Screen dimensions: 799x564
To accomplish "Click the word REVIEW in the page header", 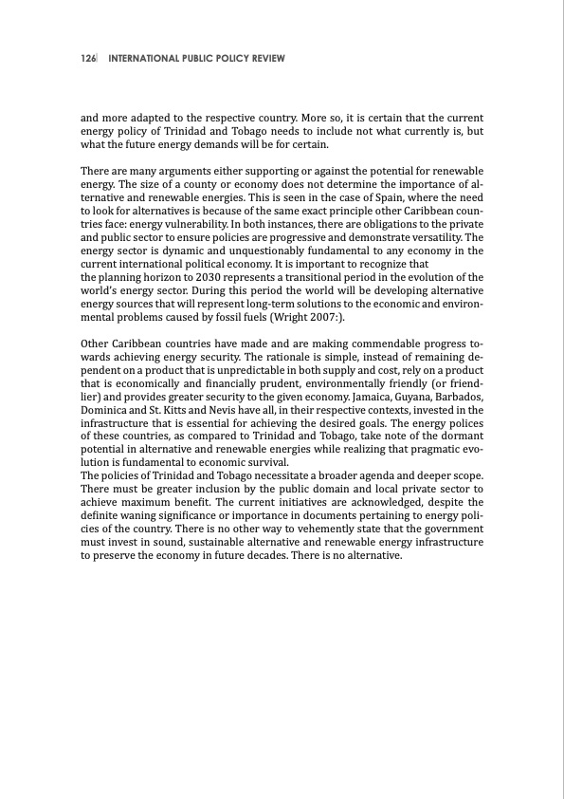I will coord(264,59).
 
